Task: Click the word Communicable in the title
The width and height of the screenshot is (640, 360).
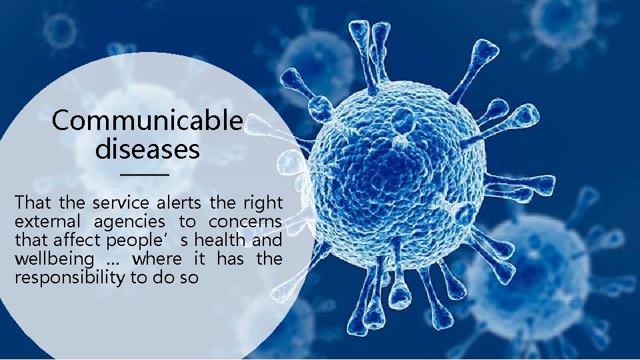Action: (x=147, y=121)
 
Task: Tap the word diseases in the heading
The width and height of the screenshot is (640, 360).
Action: (x=147, y=149)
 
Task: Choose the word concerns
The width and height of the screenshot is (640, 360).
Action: (x=245, y=221)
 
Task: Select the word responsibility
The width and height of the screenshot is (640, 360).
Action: (x=69, y=277)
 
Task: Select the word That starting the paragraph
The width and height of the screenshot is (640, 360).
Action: (x=30, y=202)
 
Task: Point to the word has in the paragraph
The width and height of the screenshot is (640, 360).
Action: (x=230, y=258)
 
